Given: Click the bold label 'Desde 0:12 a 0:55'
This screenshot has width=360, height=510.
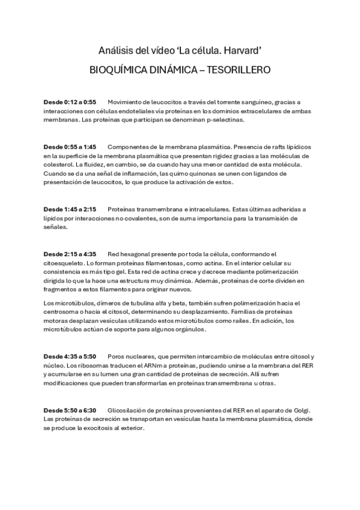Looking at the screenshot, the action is pyautogui.click(x=70, y=102).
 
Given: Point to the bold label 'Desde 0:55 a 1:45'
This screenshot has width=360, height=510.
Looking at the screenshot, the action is pyautogui.click(x=70, y=147).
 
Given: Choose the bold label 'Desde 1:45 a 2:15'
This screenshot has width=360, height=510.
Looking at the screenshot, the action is pyautogui.click(x=70, y=209).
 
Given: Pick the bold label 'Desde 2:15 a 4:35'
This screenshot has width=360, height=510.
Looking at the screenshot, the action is pyautogui.click(x=70, y=254).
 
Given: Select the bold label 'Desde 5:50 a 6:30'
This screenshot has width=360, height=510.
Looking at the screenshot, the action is pyautogui.click(x=70, y=410).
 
